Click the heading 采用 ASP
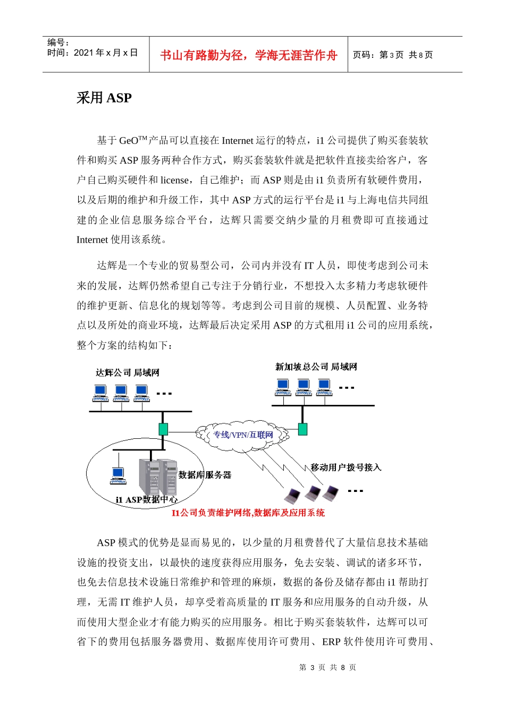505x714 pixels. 104,98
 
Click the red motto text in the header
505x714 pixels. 248,55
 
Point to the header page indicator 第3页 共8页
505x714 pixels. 393,55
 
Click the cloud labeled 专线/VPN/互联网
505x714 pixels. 243,435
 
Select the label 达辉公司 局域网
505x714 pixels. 128,373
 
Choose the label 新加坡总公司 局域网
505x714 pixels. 316,367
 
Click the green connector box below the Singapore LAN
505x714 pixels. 302,429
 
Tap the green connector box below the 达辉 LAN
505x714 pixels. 163,429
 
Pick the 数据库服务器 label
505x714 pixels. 205,475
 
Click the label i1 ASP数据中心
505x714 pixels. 147,500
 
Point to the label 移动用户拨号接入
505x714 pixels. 346,467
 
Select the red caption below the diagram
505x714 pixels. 248,513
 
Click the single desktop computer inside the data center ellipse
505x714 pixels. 118,474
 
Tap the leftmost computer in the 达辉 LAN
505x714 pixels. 100,393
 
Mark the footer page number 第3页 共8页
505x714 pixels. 327,667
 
